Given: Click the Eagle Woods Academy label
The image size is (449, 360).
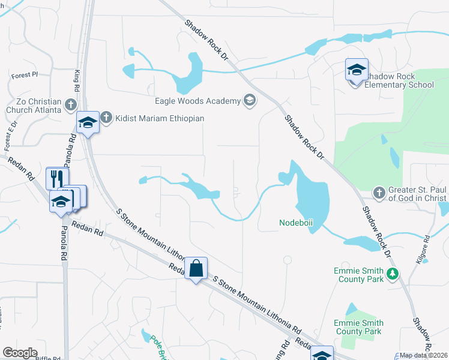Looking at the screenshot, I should pyautogui.click(x=197, y=101).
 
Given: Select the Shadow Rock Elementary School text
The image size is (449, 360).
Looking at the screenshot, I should pyautogui.click(x=400, y=80).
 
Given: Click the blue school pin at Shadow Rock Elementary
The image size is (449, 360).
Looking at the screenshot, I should pyautogui.click(x=356, y=71).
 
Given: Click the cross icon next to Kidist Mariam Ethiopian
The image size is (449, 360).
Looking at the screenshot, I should pyautogui.click(x=106, y=118).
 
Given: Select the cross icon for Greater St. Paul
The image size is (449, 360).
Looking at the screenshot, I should pyautogui.click(x=379, y=193).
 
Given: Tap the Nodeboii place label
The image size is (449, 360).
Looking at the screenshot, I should pyautogui.click(x=296, y=223).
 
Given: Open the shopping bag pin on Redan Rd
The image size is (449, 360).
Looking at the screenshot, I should pyautogui.click(x=196, y=268).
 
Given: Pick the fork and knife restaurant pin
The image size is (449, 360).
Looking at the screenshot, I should pyautogui.click(x=57, y=179).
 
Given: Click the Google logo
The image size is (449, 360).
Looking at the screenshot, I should pyautogui.click(x=20, y=353).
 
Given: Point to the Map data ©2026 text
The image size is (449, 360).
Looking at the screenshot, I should pyautogui.click(x=424, y=355).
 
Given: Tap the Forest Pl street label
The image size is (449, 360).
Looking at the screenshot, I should pyautogui.click(x=24, y=75).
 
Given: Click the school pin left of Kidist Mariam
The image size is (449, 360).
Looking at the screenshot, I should pyautogui.click(x=88, y=124).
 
